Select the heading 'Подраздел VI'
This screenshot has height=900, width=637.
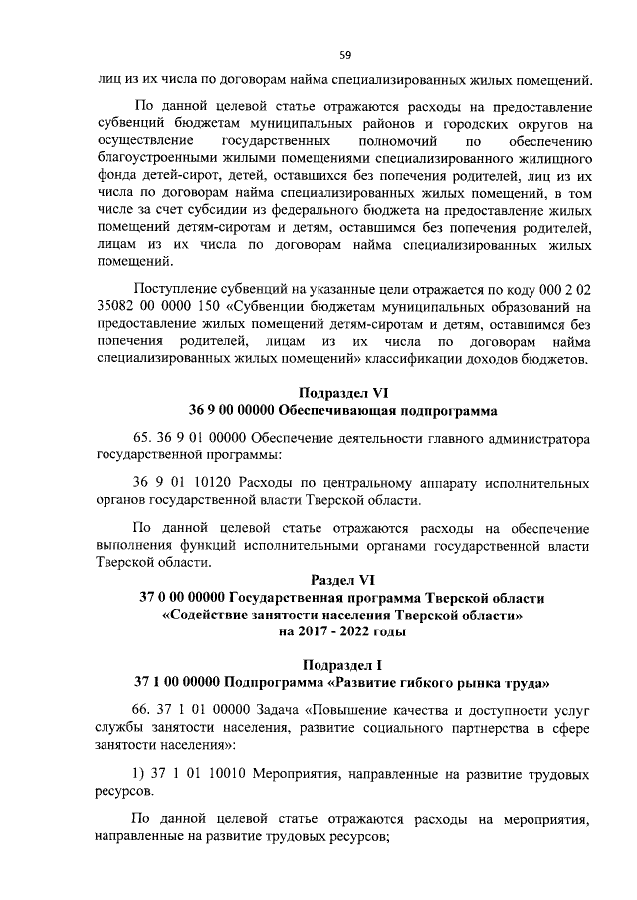(341, 392)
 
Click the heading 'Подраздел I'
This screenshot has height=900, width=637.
(341, 664)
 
